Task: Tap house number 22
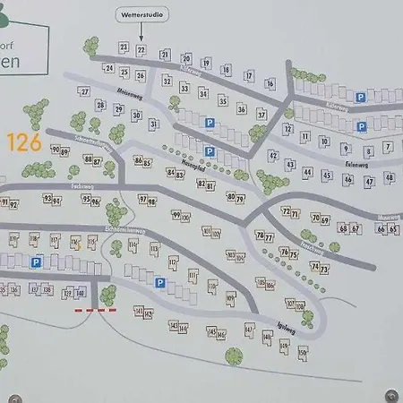point(141,50)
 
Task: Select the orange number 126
point(24,141)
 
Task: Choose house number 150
point(303,352)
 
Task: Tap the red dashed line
point(95,311)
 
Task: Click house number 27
point(85,91)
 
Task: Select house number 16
point(270,83)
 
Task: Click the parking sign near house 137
point(38,262)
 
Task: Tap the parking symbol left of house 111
point(159,283)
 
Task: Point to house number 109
point(230,297)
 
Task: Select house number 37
point(262,115)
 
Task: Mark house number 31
point(153,124)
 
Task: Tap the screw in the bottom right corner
point(390,395)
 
